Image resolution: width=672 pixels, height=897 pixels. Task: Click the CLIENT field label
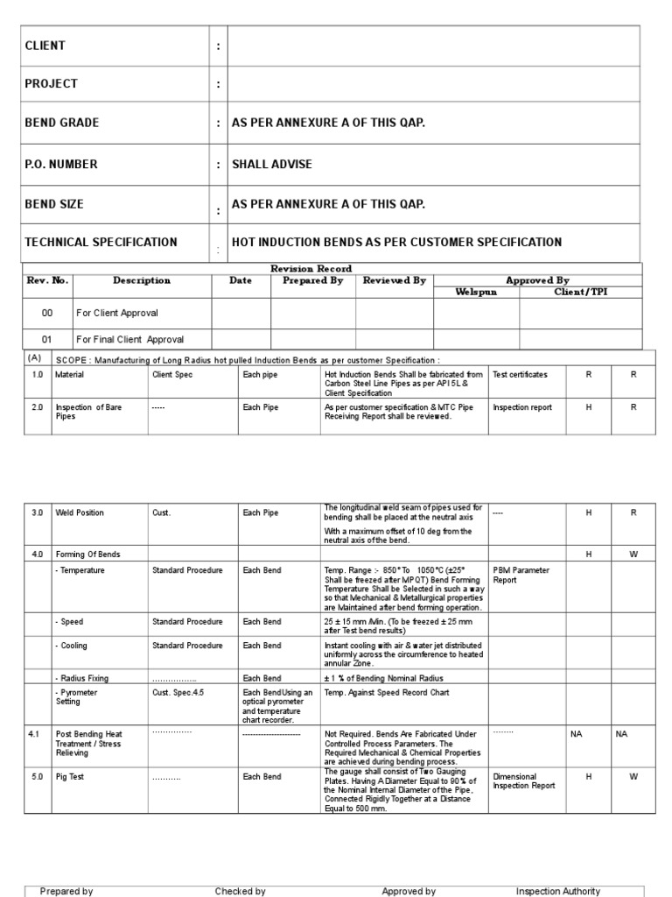pos(45,46)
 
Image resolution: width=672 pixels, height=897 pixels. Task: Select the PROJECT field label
pos(51,84)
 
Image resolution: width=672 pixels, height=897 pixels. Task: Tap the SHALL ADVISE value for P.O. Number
pos(271,165)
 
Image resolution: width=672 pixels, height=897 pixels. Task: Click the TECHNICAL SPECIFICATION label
pos(101,243)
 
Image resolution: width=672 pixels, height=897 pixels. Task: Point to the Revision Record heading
pos(311,269)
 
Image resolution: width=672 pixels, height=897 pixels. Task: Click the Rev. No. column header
pos(47,281)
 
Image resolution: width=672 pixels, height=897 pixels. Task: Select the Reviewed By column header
pos(394,281)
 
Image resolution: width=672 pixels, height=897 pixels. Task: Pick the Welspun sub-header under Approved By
pos(476,292)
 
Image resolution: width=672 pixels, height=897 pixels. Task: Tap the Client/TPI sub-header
pos(580,292)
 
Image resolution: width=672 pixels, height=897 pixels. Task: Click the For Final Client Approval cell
pos(129,339)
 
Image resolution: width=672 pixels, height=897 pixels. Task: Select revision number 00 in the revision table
pos(47,313)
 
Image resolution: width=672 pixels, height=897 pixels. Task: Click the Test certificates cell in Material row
pos(520,375)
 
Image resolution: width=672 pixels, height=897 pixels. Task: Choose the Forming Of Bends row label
pos(87,554)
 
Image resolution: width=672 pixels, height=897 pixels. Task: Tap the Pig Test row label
pos(71,777)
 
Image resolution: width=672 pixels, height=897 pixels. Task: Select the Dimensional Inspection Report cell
pos(523,781)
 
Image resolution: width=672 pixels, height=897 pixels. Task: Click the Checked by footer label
pos(240,891)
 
